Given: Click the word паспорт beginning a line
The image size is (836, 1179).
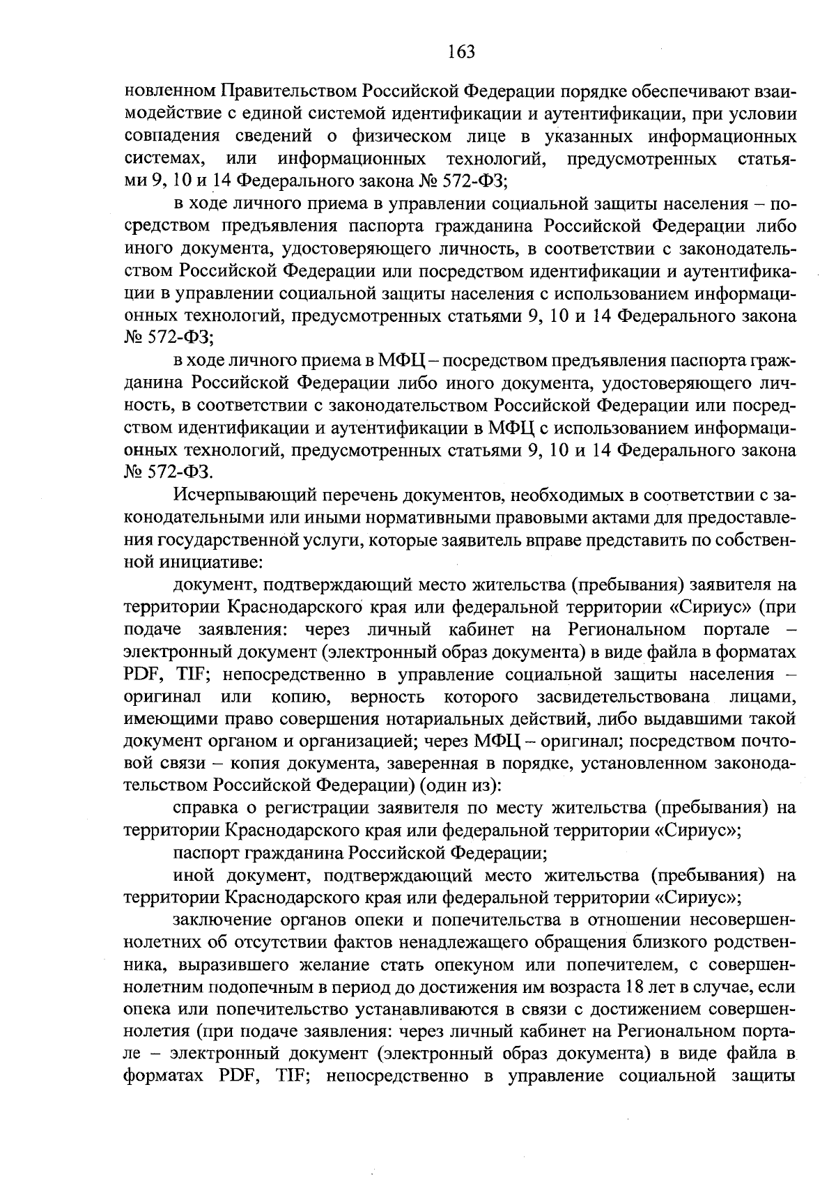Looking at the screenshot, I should [203, 852].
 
